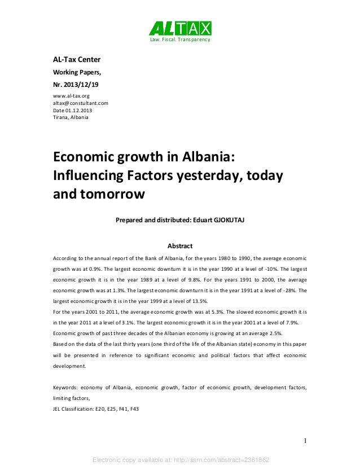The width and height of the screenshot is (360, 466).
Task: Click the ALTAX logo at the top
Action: point(180,28)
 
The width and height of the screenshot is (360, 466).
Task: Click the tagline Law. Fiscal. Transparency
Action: point(179,41)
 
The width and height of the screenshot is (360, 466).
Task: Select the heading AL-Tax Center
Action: point(77,60)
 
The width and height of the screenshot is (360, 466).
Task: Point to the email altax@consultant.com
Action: point(81,104)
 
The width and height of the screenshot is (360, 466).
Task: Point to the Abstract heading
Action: point(180,246)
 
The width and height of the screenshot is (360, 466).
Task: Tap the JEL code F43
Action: point(134,408)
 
